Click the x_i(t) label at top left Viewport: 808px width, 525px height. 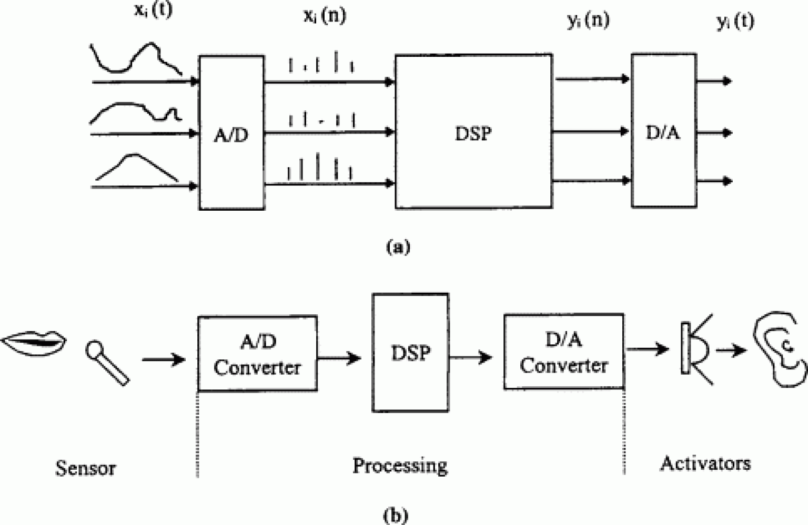coord(153,11)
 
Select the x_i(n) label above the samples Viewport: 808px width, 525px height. coord(325,16)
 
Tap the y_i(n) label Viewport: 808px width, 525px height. coord(588,20)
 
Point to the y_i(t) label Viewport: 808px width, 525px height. coord(735,23)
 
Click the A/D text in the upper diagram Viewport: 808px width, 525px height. coord(231,136)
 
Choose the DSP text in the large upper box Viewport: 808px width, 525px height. coord(473,133)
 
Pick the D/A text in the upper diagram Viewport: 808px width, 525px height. coord(663,133)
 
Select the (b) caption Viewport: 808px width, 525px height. coord(396,516)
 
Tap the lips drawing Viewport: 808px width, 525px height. coord(34,343)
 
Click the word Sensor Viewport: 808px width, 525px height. coord(86,468)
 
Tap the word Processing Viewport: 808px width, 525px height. coord(400,466)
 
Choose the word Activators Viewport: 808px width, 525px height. coord(705,464)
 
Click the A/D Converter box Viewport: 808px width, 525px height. coord(258,353)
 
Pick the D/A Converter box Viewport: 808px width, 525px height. coord(564,352)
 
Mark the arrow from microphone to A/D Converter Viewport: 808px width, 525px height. coord(164,359)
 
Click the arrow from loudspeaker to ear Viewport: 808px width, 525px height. coord(732,350)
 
